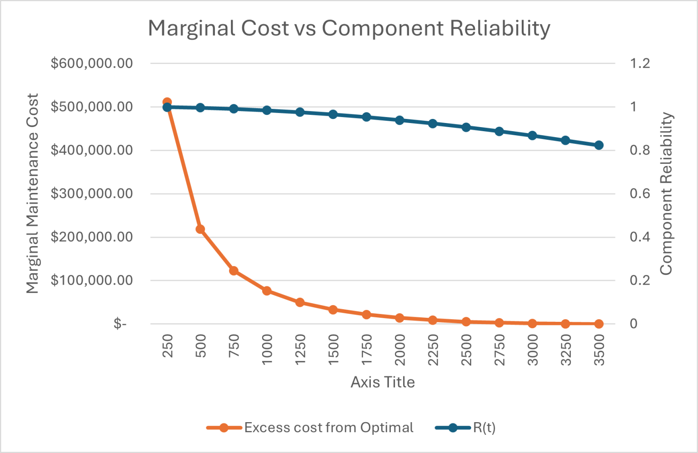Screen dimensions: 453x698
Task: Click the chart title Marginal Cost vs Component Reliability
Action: coord(349,28)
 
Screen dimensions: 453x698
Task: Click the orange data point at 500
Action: coord(200,229)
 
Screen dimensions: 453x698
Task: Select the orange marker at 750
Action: coord(234,271)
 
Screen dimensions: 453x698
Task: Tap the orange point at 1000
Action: coord(267,291)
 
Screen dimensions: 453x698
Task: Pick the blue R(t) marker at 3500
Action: coord(599,145)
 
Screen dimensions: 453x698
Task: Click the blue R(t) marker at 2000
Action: coord(399,120)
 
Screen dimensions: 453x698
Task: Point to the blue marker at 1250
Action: coord(300,112)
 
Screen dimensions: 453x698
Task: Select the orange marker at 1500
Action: coord(333,310)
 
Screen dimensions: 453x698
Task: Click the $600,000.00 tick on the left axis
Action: coord(92,64)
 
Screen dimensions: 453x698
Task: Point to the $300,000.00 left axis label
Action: coord(92,194)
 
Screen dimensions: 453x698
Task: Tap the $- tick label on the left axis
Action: coord(120,324)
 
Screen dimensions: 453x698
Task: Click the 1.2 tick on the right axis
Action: coord(640,64)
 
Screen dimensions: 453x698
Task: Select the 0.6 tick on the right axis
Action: coord(640,194)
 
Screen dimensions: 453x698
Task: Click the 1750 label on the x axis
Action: coord(367,350)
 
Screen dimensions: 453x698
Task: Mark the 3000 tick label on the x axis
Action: coord(533,350)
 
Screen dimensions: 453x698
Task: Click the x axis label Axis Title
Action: coord(383,382)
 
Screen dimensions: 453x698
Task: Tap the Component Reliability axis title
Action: coord(666,194)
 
